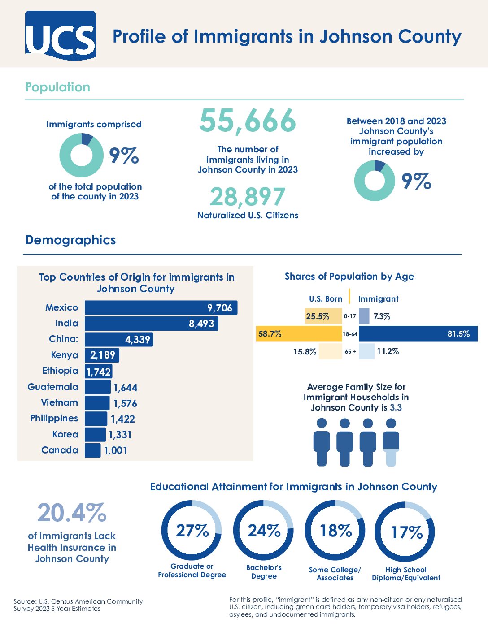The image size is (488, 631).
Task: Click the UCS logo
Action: [61, 36]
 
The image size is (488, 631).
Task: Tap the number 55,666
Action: [248, 121]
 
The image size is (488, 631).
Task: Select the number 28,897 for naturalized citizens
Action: [248, 197]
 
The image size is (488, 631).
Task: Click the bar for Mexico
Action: [161, 308]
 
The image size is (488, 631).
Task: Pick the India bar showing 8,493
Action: [151, 324]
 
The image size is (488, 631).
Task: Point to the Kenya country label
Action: [65, 355]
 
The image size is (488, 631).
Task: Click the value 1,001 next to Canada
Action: [116, 450]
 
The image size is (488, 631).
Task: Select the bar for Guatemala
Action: [97, 387]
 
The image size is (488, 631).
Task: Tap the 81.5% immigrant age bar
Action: [418, 334]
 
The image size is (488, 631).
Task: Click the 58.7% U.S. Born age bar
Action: [299, 334]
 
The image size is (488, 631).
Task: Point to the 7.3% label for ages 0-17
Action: [382, 316]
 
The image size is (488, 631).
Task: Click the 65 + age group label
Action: [350, 352]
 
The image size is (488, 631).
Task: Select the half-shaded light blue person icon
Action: [391, 443]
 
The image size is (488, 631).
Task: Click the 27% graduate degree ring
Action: [192, 531]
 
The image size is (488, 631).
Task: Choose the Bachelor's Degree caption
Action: [264, 572]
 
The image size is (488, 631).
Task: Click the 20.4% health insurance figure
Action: [72, 513]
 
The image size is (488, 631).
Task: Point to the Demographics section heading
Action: [70, 240]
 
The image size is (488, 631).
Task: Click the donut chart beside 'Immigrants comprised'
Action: [81, 156]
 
